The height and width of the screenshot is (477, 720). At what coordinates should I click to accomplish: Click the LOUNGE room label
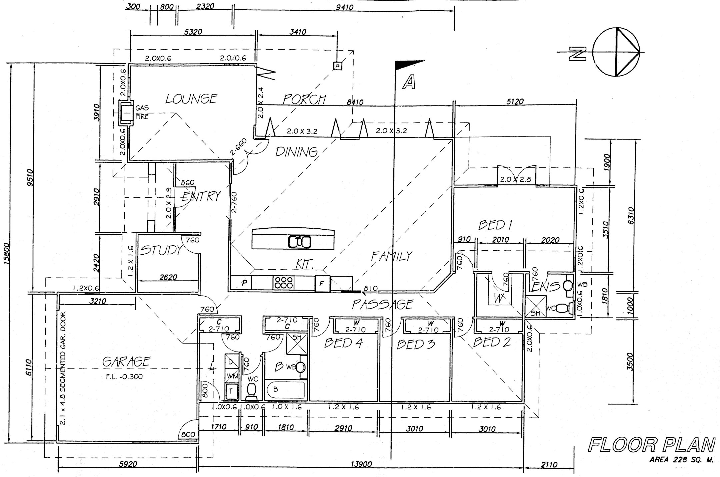click(x=191, y=99)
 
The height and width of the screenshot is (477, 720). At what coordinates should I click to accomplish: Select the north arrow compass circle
click(x=616, y=52)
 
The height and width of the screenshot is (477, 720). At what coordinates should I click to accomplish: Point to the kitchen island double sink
click(x=299, y=242)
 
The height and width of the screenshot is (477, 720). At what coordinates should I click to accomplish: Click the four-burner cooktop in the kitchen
click(x=283, y=283)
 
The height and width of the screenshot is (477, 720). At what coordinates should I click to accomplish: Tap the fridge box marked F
click(x=322, y=284)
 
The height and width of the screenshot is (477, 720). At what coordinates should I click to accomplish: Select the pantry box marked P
click(x=244, y=283)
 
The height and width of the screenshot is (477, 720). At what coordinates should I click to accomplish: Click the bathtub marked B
click(x=285, y=390)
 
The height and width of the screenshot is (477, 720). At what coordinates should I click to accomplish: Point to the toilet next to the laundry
click(x=251, y=391)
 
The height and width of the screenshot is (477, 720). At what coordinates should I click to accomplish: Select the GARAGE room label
click(x=126, y=361)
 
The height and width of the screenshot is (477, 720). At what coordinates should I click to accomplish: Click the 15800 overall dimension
click(x=6, y=253)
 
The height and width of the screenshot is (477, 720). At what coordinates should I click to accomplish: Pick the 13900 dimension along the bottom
click(x=361, y=464)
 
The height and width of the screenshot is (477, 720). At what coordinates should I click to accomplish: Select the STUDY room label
click(x=161, y=250)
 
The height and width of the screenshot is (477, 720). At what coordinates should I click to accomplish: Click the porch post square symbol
click(x=338, y=66)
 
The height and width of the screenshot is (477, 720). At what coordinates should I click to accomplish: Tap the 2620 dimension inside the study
click(x=168, y=277)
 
